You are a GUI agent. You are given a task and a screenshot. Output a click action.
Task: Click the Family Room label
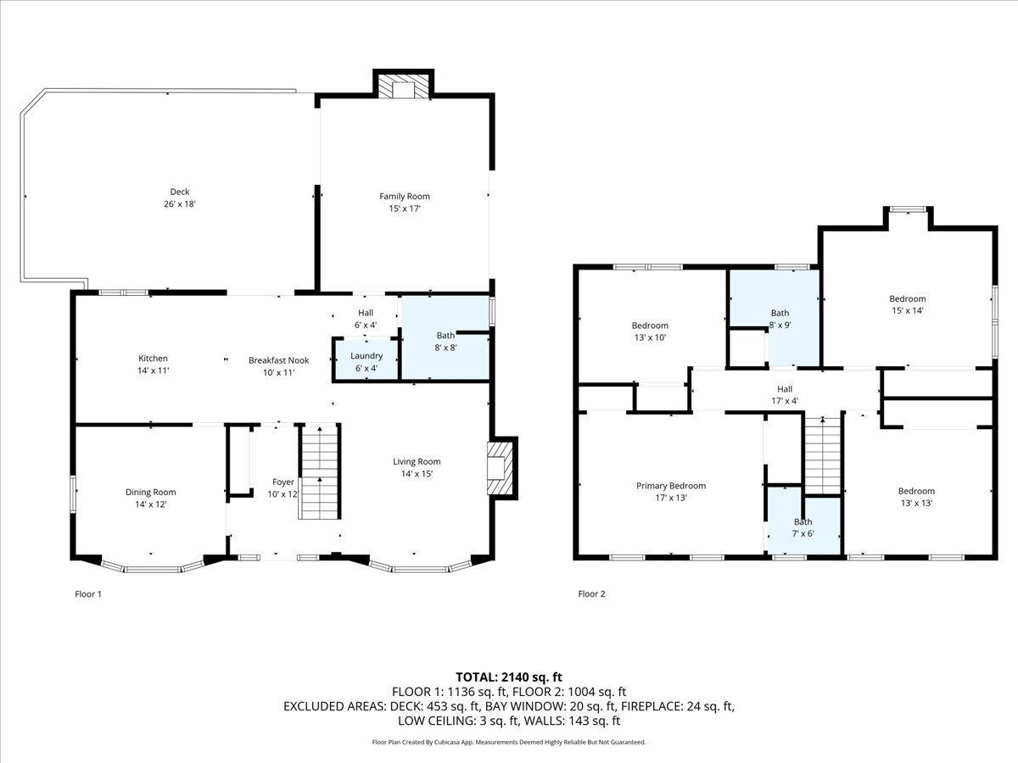(x=404, y=197)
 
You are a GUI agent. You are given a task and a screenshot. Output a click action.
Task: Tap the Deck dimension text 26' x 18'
(x=180, y=204)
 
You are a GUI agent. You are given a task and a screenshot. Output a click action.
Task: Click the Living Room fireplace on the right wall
(x=501, y=468)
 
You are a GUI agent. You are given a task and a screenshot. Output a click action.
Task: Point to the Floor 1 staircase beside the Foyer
(x=318, y=472)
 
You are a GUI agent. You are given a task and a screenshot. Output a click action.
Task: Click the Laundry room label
(x=366, y=356)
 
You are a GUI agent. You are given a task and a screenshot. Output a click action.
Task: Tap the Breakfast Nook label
(x=278, y=360)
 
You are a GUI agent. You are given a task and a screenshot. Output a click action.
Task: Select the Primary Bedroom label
(x=671, y=486)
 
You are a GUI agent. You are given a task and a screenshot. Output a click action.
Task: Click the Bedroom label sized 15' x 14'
(x=907, y=298)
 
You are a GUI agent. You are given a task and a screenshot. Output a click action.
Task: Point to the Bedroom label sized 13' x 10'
(x=650, y=326)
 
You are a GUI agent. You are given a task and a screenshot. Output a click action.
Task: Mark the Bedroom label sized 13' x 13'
(x=916, y=491)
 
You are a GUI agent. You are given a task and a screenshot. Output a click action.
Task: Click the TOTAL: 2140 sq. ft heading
(x=509, y=677)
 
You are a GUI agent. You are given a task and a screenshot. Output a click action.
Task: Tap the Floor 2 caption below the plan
(x=591, y=594)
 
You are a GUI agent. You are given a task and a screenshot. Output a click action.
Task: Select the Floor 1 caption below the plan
(x=88, y=594)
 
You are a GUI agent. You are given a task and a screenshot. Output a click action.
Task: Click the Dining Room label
(x=151, y=492)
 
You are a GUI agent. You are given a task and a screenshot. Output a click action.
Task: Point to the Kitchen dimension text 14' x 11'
(x=154, y=370)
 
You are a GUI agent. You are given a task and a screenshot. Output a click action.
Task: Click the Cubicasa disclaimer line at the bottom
(x=509, y=742)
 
